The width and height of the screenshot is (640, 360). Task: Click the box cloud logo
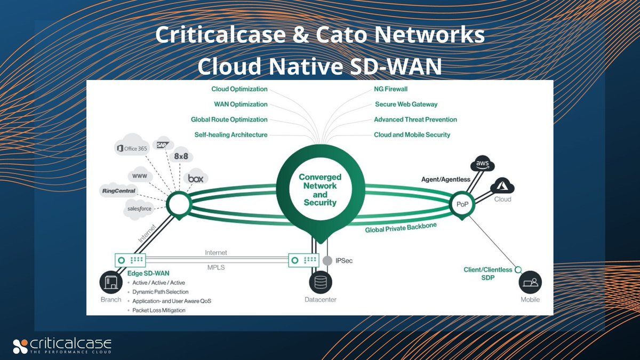(195, 179)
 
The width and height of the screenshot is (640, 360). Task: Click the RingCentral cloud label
(118, 190)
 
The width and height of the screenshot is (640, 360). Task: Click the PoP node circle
(461, 205)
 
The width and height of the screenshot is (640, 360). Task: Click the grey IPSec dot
(327, 261)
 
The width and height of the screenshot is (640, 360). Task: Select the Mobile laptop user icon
(530, 282)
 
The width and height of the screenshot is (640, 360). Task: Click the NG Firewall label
(390, 89)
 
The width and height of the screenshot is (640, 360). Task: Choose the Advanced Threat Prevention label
(415, 119)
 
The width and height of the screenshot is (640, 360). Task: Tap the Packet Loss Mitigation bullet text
(159, 310)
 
